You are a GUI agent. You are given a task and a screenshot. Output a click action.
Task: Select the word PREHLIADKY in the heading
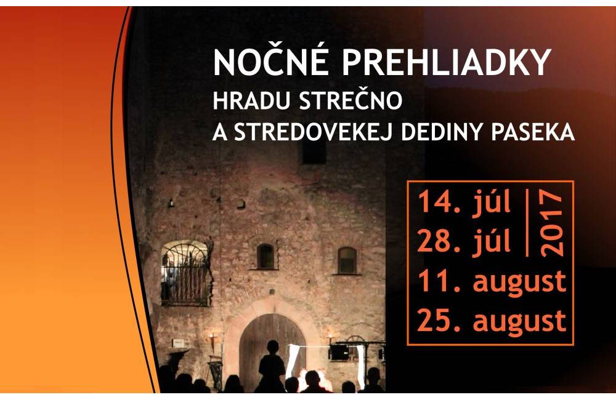click(446, 62)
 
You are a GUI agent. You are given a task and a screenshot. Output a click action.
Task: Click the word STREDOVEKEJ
click(313, 132)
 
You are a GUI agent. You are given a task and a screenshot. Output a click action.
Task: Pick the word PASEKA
click(533, 132)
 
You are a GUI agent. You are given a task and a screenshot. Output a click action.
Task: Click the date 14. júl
click(464, 202)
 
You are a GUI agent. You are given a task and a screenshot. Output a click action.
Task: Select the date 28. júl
click(464, 241)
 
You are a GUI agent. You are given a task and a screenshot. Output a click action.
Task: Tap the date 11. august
click(492, 281)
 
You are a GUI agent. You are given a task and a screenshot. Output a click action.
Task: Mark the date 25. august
click(492, 321)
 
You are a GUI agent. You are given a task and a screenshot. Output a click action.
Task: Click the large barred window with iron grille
click(185, 273)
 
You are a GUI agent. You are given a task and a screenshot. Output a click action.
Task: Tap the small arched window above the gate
click(265, 256)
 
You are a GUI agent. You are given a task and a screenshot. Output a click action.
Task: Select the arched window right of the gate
click(347, 260)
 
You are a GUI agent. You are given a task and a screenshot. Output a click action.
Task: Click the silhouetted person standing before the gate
click(272, 366)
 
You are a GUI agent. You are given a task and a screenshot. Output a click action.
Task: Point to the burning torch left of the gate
click(212, 342)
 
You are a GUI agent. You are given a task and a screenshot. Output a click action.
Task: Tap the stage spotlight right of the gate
click(339, 352)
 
